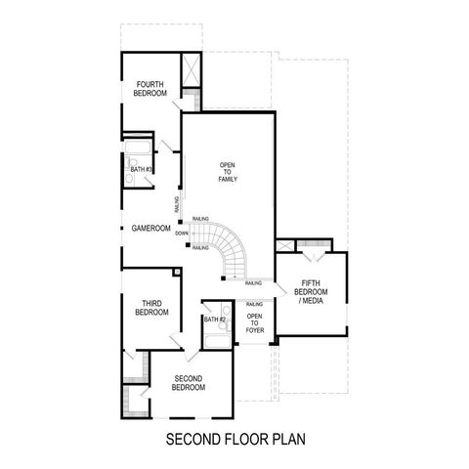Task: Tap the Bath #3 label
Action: tap(141, 169)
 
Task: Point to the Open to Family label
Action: tap(229, 173)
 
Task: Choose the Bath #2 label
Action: tap(215, 320)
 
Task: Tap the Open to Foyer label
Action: tap(254, 323)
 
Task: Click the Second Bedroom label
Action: tap(189, 382)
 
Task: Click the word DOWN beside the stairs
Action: tap(182, 234)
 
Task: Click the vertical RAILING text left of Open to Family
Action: tap(177, 204)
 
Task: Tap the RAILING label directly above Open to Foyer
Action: tap(254, 305)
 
